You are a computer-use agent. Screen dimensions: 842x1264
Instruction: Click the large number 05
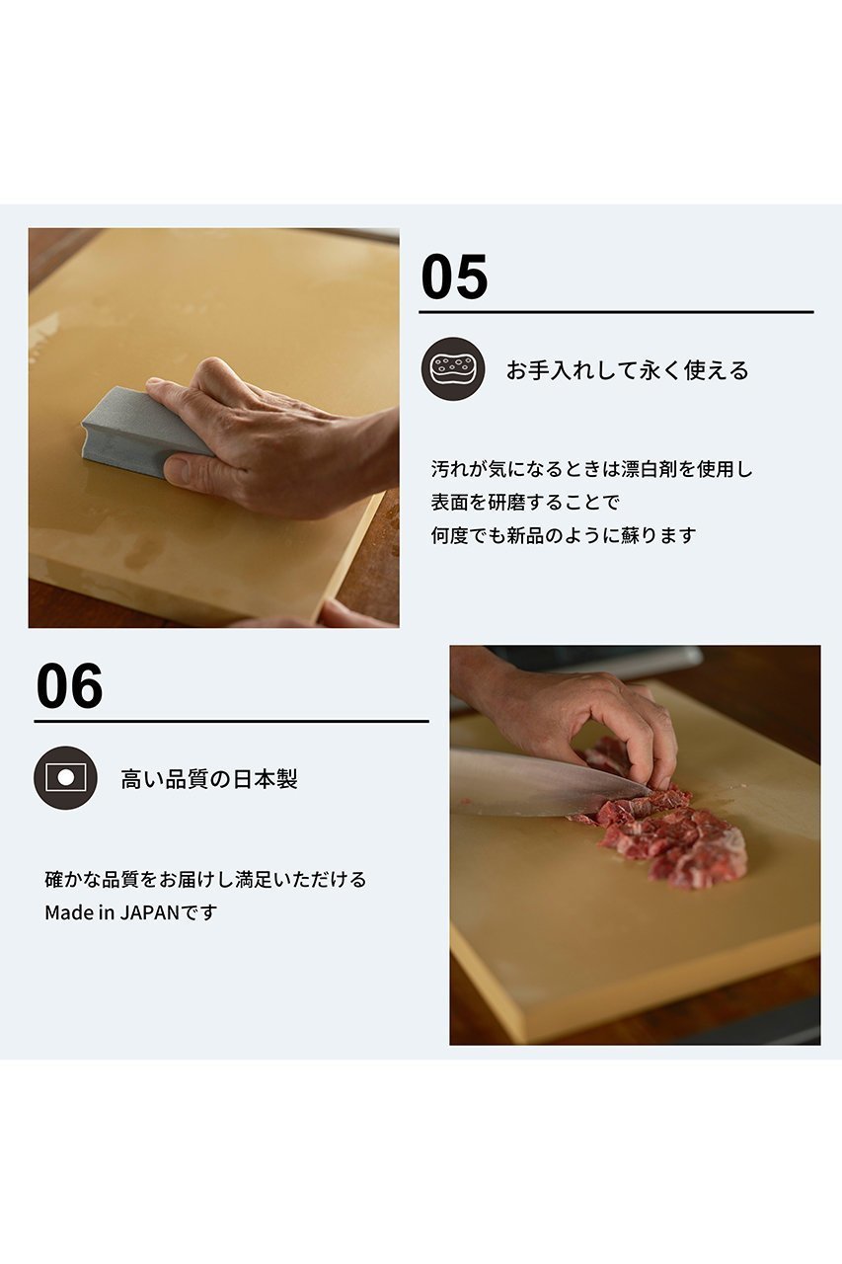coord(454,277)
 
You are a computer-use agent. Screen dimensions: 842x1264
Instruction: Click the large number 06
coord(69,686)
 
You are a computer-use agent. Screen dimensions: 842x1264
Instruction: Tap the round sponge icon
coord(453,369)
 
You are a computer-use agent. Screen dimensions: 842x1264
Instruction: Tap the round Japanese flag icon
coord(65,777)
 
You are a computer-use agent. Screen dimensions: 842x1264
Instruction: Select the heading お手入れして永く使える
coord(627,370)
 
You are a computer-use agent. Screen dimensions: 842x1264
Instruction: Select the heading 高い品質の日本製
coord(208,779)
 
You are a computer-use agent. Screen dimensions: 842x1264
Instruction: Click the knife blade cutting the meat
coord(550,784)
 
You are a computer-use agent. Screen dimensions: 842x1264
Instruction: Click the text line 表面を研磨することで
coord(525,503)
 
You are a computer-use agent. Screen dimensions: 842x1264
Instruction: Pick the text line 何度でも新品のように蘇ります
coord(564,535)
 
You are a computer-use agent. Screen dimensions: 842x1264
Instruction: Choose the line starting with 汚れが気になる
coord(591,469)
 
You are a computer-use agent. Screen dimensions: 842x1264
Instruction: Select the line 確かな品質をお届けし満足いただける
coord(205,879)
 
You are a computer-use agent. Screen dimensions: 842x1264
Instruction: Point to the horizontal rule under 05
coord(616,311)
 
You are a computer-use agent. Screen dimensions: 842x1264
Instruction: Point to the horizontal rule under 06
coord(231,721)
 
